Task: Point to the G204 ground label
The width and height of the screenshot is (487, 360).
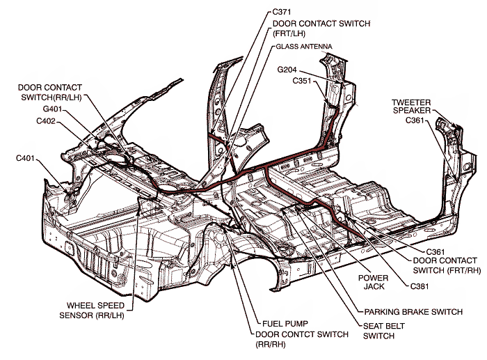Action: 288,70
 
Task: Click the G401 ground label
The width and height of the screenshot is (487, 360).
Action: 49,109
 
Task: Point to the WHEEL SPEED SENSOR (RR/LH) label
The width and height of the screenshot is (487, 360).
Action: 97,310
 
